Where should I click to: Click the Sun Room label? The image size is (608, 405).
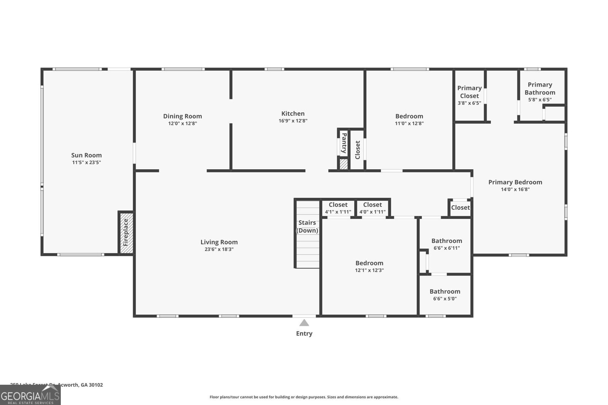click(x=86, y=155)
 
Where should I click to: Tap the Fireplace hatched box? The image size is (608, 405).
click(x=126, y=233)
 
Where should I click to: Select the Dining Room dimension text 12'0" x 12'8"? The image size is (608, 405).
click(x=182, y=123)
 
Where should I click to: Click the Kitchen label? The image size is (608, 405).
click(x=293, y=113)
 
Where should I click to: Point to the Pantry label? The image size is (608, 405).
click(x=344, y=143)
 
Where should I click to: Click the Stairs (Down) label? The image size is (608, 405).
click(x=307, y=227)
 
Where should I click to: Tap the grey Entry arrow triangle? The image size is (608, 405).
click(x=304, y=323)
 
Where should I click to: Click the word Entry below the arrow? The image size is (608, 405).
click(x=304, y=334)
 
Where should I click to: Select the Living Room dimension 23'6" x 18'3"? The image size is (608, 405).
click(x=219, y=249)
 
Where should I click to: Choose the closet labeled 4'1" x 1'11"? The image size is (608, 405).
click(x=338, y=208)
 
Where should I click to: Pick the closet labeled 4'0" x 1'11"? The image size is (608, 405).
click(x=372, y=208)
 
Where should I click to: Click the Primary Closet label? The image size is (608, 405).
click(x=469, y=92)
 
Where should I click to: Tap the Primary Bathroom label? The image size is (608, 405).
click(x=540, y=88)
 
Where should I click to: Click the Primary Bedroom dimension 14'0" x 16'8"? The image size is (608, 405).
click(x=515, y=189)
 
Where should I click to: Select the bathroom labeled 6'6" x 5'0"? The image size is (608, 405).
click(x=445, y=295)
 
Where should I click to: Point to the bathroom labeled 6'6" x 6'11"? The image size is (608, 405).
click(x=446, y=244)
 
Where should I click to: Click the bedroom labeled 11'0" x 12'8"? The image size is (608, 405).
click(x=409, y=119)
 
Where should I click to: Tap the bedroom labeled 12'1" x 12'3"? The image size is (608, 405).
click(x=369, y=266)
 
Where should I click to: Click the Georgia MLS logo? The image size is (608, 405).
click(x=30, y=395)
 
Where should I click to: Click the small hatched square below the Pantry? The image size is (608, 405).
click(x=344, y=164)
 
